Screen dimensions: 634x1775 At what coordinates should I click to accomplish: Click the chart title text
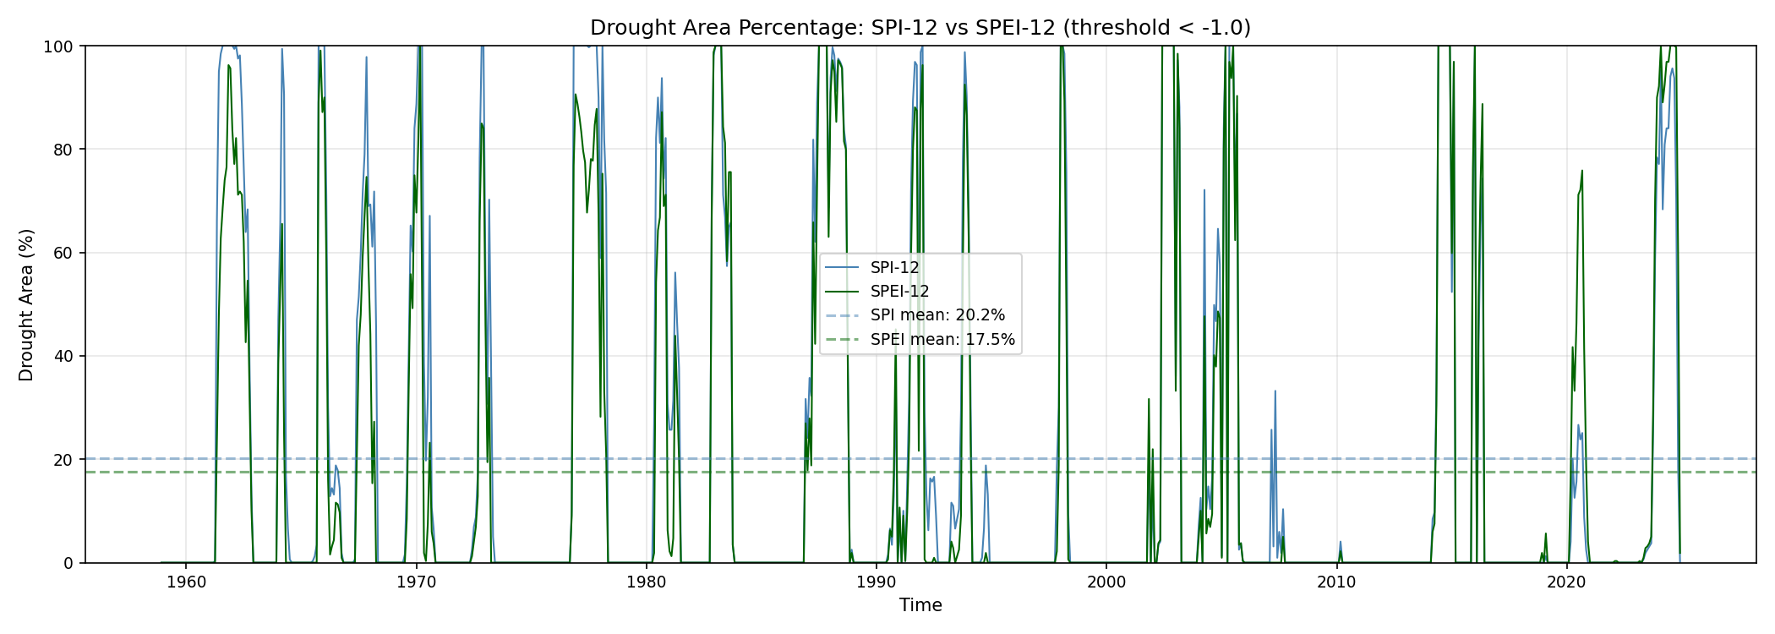point(920,28)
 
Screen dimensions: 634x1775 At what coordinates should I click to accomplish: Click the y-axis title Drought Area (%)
point(26,304)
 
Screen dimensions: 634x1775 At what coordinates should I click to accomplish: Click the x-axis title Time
point(920,605)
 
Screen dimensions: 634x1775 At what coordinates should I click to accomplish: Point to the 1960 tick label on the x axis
point(187,582)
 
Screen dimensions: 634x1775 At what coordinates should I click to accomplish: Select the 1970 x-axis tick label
point(417,582)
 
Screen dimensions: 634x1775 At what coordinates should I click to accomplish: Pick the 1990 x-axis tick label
point(877,582)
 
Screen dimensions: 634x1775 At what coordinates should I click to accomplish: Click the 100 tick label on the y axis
point(59,46)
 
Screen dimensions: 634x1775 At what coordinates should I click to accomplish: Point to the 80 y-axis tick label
point(63,150)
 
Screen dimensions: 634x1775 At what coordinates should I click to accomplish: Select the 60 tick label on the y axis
point(63,253)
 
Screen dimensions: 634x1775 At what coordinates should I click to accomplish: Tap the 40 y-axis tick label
point(63,356)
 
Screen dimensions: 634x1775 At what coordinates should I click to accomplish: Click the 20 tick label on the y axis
point(63,459)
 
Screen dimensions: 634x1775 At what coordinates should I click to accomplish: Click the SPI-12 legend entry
point(894,268)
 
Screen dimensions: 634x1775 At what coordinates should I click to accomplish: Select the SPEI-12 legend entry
point(899,292)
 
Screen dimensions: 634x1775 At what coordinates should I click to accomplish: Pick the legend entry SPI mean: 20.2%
point(937,315)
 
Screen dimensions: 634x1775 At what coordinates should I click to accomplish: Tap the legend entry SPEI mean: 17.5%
point(942,340)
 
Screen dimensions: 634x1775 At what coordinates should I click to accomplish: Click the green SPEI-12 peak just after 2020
point(1582,171)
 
